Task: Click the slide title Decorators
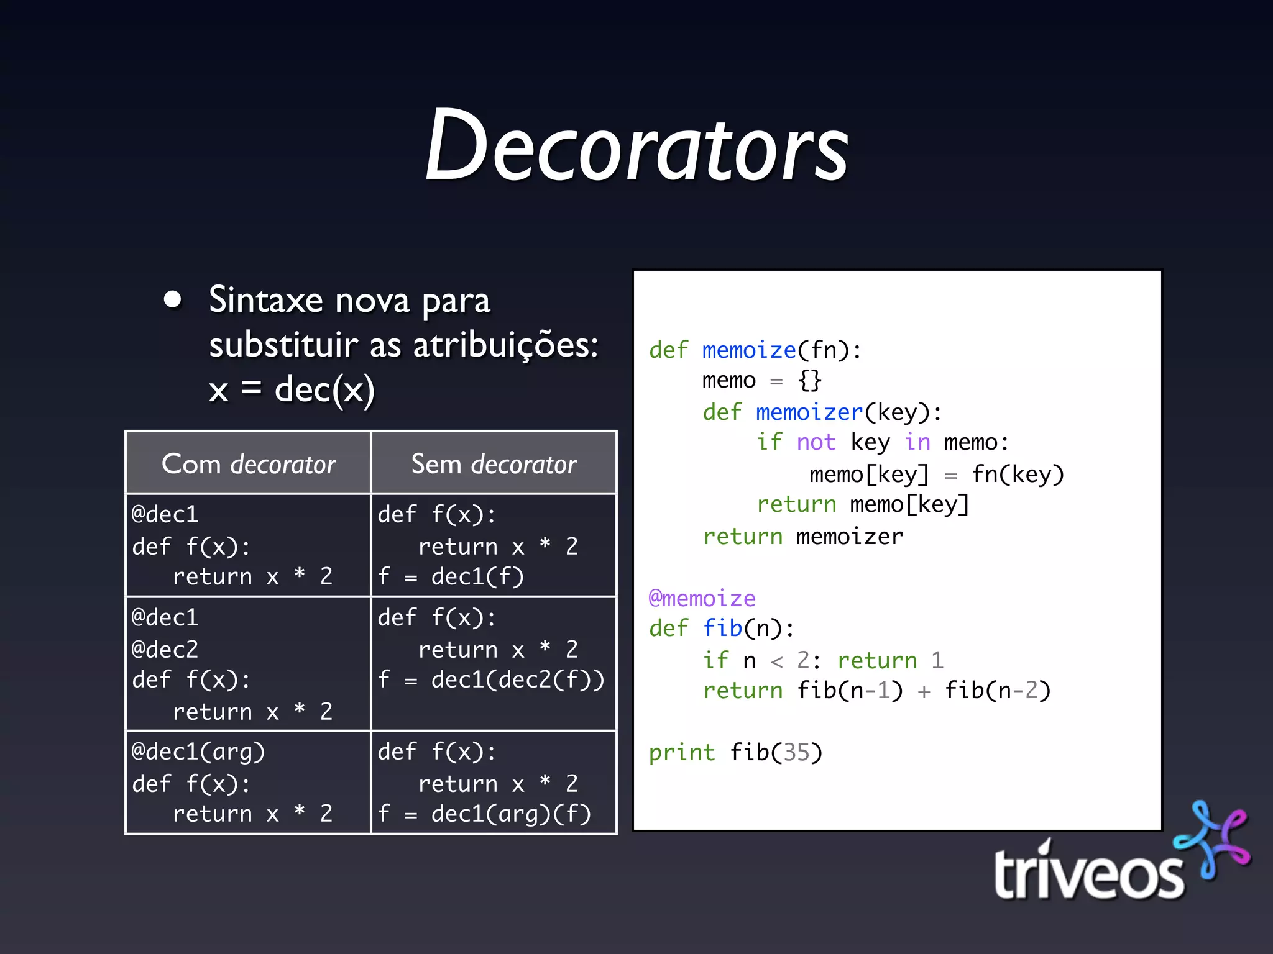tap(636, 146)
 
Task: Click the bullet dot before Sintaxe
tap(172, 299)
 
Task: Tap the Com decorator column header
tap(248, 464)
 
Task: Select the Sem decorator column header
tap(494, 464)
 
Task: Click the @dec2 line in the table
tap(165, 649)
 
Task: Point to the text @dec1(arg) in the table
tap(198, 752)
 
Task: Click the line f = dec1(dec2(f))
tap(491, 679)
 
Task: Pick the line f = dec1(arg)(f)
tap(484, 813)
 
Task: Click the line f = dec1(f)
tap(451, 576)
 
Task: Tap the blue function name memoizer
tap(809, 412)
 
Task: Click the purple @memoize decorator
tap(702, 598)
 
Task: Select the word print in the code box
tap(681, 752)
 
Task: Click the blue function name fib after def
tap(722, 628)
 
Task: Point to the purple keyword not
tap(816, 442)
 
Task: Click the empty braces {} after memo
tap(810, 379)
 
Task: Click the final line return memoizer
tap(802, 536)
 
